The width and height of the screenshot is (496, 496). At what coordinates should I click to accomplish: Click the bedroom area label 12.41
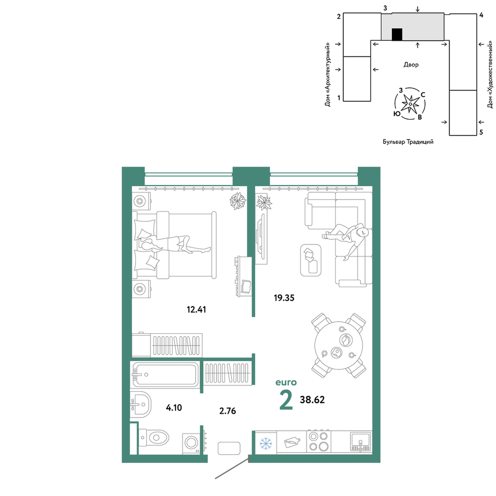click(x=196, y=310)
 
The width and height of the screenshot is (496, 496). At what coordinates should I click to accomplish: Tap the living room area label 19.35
click(x=284, y=298)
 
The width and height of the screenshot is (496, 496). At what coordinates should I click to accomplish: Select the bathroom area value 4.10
click(x=174, y=408)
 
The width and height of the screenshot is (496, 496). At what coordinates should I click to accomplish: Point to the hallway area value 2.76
click(x=228, y=411)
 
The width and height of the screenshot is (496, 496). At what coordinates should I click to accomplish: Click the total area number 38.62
click(x=312, y=400)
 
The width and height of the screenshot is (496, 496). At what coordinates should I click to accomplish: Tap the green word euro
click(x=286, y=382)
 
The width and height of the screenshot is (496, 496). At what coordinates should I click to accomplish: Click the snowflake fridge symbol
click(x=266, y=443)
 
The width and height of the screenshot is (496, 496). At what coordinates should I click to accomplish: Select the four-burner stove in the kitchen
click(x=318, y=442)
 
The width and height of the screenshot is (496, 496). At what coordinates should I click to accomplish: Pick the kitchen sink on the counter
click(x=360, y=441)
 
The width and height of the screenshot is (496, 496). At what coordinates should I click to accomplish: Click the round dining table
click(x=339, y=345)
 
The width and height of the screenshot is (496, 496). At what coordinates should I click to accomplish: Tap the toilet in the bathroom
click(x=154, y=438)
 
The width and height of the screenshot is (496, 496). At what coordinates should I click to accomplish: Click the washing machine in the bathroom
click(x=191, y=443)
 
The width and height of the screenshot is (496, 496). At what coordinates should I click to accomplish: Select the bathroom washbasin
click(x=140, y=405)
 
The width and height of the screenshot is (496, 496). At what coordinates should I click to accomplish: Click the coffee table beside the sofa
click(x=310, y=260)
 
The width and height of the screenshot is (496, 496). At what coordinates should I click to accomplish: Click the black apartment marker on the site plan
click(x=397, y=35)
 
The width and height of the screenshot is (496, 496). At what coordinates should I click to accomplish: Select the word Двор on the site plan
click(x=411, y=64)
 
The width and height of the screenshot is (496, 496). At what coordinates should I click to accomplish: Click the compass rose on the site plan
click(x=410, y=104)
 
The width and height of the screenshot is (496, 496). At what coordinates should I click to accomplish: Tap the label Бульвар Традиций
click(x=408, y=142)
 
